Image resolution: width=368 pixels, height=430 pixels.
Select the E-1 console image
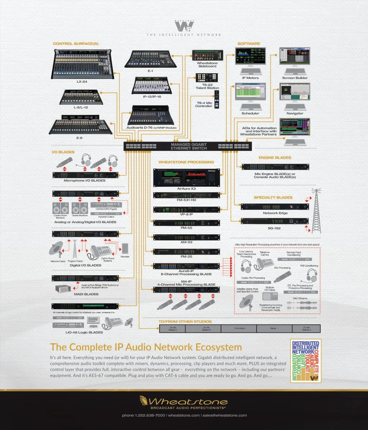(x=151, y=59)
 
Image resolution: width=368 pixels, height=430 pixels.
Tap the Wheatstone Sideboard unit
(x=207, y=55)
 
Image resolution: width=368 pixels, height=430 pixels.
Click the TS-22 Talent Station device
(x=207, y=78)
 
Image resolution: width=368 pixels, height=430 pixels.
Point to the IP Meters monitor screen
(x=250, y=56)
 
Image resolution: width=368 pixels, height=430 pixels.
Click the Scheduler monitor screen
(x=250, y=92)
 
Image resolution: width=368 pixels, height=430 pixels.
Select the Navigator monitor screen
(x=295, y=92)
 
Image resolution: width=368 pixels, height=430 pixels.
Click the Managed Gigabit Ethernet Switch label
(x=189, y=146)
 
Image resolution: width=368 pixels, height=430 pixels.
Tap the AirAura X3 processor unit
(x=186, y=178)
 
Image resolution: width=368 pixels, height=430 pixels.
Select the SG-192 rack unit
(x=275, y=221)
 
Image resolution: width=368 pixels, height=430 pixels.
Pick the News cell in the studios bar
(x=273, y=328)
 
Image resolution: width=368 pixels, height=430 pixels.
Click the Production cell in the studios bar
(x=239, y=328)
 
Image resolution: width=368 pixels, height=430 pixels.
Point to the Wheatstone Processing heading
(x=186, y=162)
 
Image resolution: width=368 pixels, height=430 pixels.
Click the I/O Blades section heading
(x=63, y=152)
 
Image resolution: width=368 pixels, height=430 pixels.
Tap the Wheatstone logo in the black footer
(x=184, y=401)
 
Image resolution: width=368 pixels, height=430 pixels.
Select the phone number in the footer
(x=143, y=415)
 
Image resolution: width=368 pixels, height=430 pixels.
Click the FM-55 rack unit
(x=186, y=223)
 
